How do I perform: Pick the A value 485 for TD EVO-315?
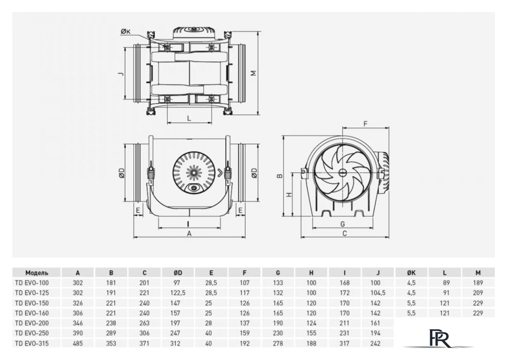[x=77, y=343]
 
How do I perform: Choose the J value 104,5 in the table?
[x=377, y=292]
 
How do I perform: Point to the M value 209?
[x=477, y=292]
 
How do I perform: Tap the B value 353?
[x=111, y=343]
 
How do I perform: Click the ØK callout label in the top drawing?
[x=125, y=31]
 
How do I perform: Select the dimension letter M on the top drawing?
[x=254, y=73]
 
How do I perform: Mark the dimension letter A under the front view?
[x=190, y=234]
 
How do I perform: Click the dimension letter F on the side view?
[x=365, y=124]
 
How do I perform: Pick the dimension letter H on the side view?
[x=289, y=195]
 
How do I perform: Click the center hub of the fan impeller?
[x=342, y=172]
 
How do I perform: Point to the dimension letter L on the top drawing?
[x=190, y=118]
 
